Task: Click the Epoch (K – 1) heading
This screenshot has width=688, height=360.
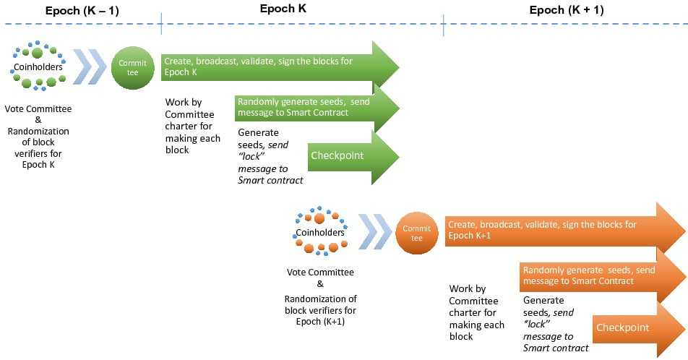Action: [x=79, y=10]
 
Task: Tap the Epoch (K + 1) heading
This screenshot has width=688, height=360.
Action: [x=567, y=10]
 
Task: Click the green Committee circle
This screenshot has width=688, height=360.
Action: [x=133, y=68]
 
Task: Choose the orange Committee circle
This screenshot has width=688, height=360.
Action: [x=417, y=233]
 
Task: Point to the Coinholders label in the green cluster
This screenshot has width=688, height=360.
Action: [x=38, y=67]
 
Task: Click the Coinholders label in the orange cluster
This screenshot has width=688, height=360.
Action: [x=320, y=233]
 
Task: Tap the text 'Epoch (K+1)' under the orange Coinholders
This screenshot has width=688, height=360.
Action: [x=320, y=322]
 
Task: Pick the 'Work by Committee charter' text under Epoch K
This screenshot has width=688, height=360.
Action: [x=191, y=114]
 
